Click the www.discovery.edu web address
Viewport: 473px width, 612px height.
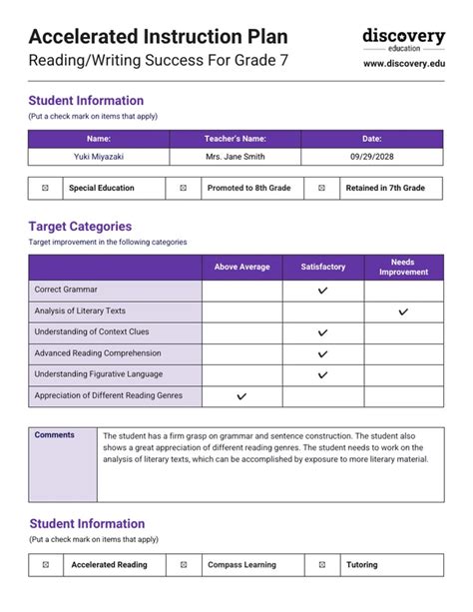pos(403,63)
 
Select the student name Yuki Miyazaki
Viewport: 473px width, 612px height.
pos(99,157)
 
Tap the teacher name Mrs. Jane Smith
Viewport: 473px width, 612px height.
pos(235,157)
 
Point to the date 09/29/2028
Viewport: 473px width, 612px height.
pos(372,157)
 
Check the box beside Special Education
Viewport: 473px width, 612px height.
pos(45,188)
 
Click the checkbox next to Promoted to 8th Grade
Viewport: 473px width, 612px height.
pos(183,188)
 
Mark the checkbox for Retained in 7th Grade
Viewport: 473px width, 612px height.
pos(320,188)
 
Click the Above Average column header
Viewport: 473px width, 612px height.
pos(241,267)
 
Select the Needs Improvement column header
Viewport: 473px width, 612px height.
pos(403,267)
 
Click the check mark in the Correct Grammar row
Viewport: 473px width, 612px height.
pos(322,291)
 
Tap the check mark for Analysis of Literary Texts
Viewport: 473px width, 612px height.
pos(403,311)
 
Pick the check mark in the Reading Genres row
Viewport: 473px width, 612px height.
pos(241,396)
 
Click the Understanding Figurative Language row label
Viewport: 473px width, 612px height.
pos(99,374)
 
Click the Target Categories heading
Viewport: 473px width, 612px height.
pos(80,227)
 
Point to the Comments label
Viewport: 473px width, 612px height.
pos(55,435)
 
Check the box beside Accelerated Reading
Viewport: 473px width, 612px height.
pos(45,565)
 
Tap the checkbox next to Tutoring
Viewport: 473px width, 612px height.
pos(320,565)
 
